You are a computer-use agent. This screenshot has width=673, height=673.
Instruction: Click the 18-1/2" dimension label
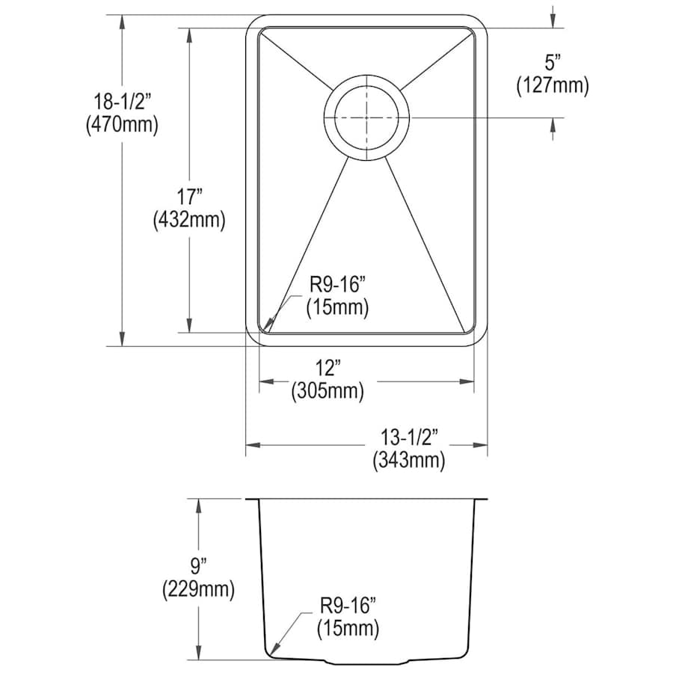[123, 102]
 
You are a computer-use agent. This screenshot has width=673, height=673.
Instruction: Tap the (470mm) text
[123, 125]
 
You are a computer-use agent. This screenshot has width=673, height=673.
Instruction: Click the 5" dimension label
[553, 63]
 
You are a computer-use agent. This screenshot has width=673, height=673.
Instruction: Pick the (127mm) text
[553, 85]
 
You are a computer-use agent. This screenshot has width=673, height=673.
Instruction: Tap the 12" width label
[328, 368]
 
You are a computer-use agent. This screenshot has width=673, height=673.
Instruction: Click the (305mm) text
[328, 391]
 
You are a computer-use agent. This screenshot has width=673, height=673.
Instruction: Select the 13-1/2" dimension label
[409, 437]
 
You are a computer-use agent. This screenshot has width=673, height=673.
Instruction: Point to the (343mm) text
[409, 461]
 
